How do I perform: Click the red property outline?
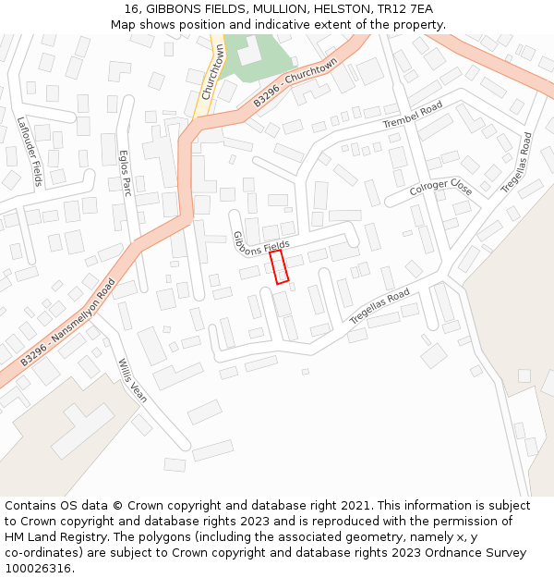point(279,266)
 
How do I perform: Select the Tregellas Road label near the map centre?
point(379,306)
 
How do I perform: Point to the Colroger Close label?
point(440,188)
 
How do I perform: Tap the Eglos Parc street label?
point(125,172)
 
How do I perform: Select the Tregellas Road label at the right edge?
point(516,163)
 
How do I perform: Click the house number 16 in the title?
point(129,8)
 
